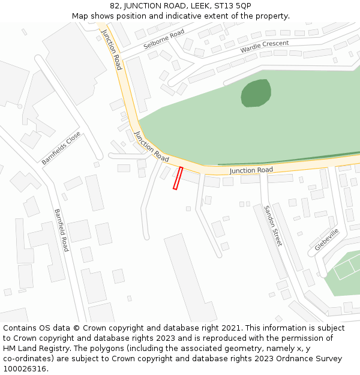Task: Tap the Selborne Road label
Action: pyautogui.click(x=164, y=40)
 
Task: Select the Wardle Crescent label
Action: pyautogui.click(x=265, y=47)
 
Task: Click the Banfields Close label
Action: pyautogui.click(x=61, y=148)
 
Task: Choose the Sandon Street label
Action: pyautogui.click(x=273, y=226)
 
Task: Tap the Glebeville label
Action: pyautogui.click(x=327, y=239)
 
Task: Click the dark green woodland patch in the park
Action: pyautogui.click(x=256, y=93)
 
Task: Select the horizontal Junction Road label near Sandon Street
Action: pyautogui.click(x=251, y=170)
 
